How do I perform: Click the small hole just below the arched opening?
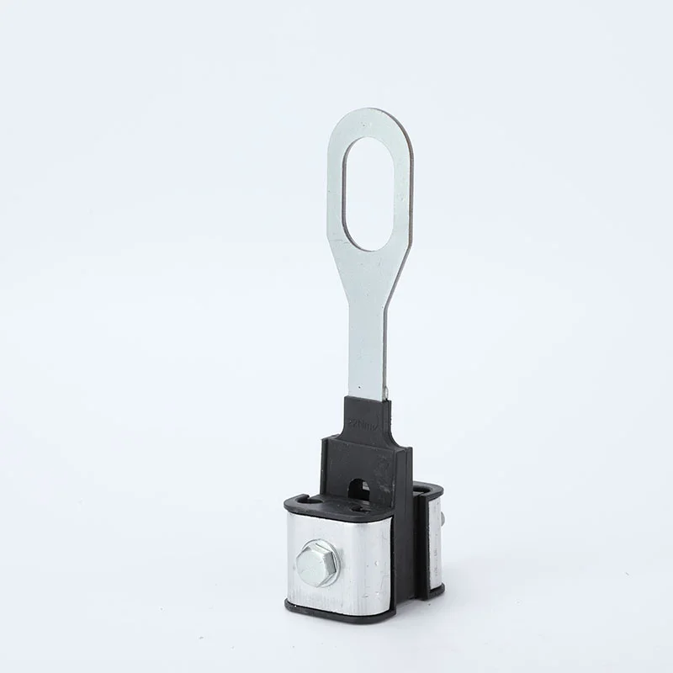[x=361, y=507]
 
